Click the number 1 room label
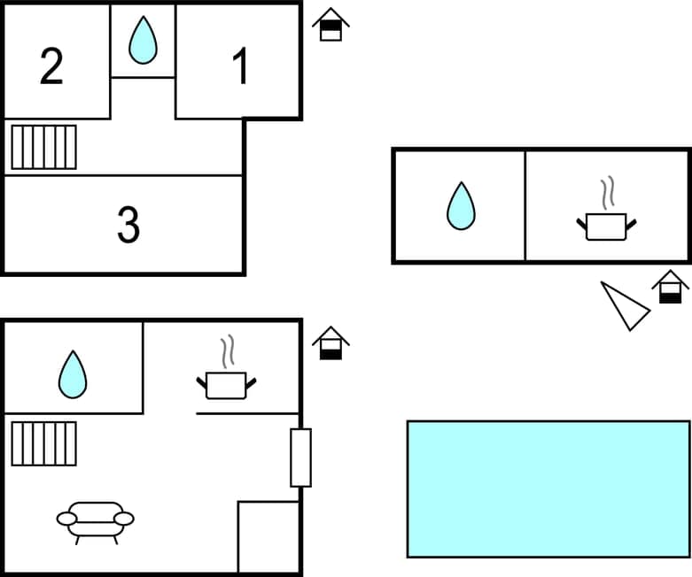[x=240, y=67]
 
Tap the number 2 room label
[x=52, y=67]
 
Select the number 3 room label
[x=128, y=226]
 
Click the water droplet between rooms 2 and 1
[x=143, y=41]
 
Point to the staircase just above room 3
[x=43, y=147]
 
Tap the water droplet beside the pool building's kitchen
[x=461, y=206]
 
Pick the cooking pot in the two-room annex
[x=607, y=226]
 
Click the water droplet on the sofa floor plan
[x=73, y=374]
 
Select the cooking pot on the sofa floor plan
[x=226, y=385]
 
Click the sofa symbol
[x=96, y=520]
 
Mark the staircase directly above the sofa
[x=43, y=443]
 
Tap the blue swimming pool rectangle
[x=548, y=489]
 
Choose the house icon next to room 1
[x=330, y=25]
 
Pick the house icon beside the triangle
[x=670, y=288]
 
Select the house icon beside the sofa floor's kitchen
[x=331, y=343]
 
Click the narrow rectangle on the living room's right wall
[x=301, y=458]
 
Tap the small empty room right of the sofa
[x=268, y=536]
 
